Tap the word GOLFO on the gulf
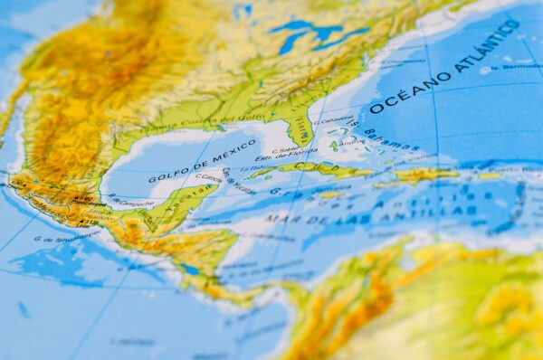pyautogui.click(x=167, y=172)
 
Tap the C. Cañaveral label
pyautogui.click(x=336, y=118)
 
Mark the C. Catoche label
pyautogui.click(x=209, y=178)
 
